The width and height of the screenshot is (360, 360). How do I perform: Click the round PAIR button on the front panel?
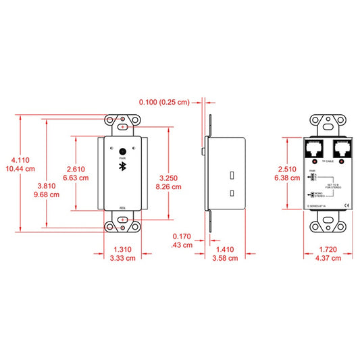click(123, 152)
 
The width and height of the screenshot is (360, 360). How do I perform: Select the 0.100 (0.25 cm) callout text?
click(164, 102)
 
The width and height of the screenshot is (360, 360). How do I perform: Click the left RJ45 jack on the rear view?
click(315, 149)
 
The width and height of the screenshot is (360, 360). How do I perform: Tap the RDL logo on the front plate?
click(123, 208)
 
